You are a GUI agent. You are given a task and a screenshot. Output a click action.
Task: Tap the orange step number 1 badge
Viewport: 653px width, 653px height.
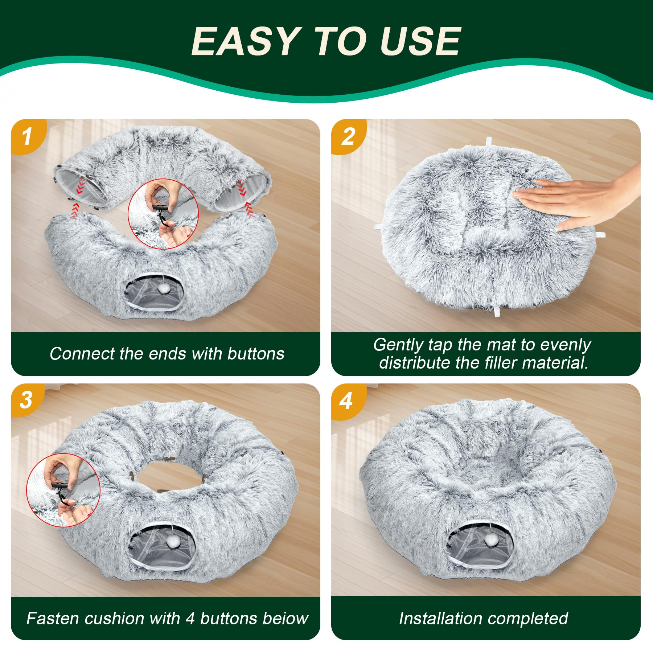tap(27, 137)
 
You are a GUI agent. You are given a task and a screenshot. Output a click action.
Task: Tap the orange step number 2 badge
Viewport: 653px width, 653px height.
tap(348, 137)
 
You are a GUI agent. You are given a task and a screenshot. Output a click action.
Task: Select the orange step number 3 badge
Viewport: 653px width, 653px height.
tap(26, 400)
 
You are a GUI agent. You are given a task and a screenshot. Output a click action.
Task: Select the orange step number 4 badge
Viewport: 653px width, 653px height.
tap(346, 401)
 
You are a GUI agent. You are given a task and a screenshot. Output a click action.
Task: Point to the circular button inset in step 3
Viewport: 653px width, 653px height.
tap(63, 490)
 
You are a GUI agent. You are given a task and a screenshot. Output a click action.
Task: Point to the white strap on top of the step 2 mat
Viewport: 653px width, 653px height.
tap(489, 141)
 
